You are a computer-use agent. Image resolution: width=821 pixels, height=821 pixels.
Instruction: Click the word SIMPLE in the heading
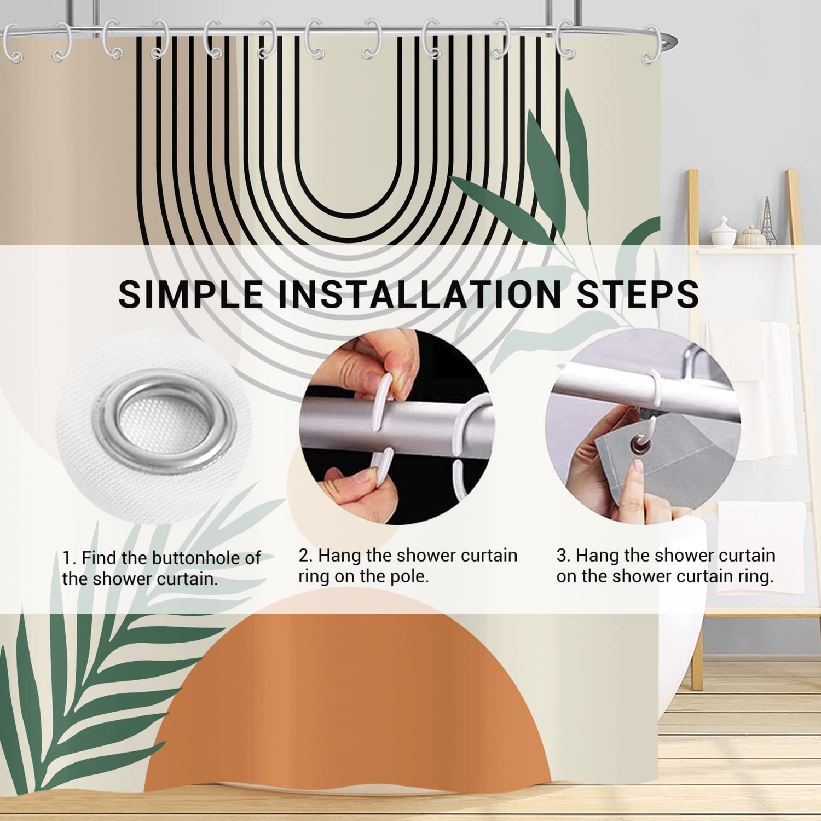click(x=190, y=293)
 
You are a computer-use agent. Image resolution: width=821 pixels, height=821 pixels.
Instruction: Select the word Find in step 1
click(x=100, y=558)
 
